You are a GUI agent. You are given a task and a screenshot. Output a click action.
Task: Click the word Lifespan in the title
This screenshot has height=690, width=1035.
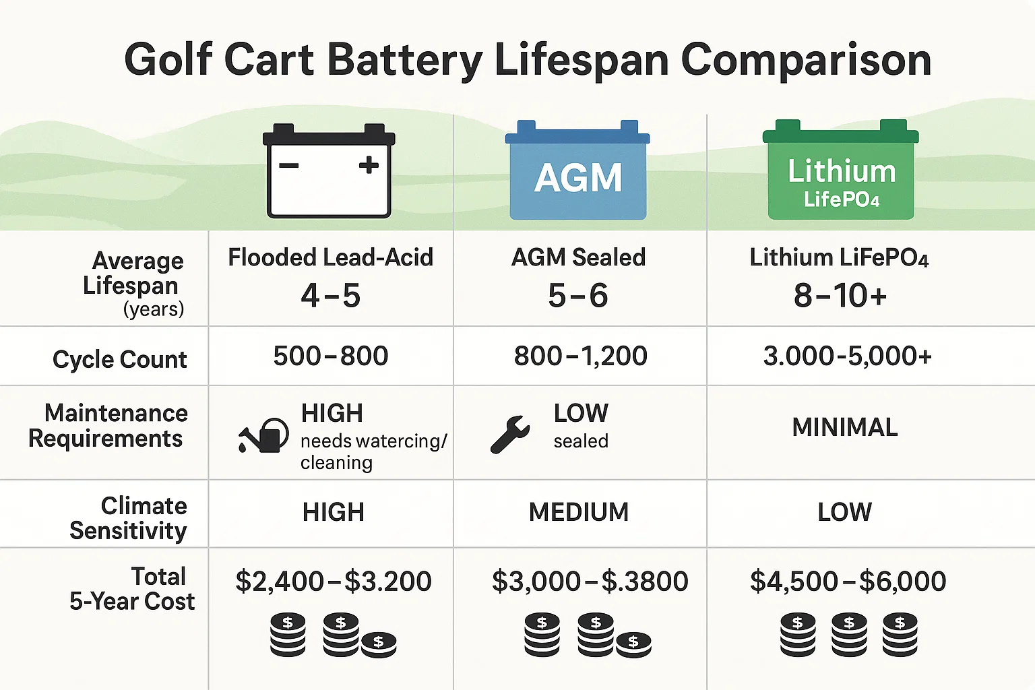tap(582, 61)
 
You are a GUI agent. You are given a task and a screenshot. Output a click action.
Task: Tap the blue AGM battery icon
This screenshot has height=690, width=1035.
tap(577, 172)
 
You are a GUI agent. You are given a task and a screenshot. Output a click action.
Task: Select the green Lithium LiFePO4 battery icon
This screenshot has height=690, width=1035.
tap(841, 171)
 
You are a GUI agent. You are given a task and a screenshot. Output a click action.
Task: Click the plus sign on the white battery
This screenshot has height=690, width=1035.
tap(369, 165)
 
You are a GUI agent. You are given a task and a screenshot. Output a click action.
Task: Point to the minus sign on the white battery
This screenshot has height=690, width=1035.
tap(289, 165)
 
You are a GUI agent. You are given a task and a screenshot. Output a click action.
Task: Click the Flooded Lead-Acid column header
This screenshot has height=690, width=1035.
tap(330, 257)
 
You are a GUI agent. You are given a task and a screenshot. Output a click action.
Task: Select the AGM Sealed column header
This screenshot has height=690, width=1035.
tap(578, 257)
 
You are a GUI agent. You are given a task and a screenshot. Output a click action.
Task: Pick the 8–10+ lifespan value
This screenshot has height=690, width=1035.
tap(840, 296)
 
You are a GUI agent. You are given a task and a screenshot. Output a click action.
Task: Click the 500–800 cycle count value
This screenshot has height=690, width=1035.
tap(330, 356)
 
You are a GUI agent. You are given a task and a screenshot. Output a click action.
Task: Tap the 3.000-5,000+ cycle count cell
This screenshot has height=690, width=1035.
tap(847, 356)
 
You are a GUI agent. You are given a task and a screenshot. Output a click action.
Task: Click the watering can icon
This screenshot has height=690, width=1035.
tap(263, 435)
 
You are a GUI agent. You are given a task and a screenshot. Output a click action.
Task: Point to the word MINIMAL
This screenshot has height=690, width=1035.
tap(845, 427)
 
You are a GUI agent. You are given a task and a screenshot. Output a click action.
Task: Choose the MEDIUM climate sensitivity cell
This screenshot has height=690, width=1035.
tap(578, 512)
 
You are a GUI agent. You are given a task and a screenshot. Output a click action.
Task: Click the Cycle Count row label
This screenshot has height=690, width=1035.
tap(119, 359)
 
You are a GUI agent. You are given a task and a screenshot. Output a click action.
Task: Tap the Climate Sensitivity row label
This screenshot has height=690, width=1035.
tap(128, 518)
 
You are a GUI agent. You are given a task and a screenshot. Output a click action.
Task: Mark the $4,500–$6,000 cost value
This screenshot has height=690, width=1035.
tap(848, 581)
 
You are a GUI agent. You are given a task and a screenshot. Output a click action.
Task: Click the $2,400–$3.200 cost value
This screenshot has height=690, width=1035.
tap(333, 581)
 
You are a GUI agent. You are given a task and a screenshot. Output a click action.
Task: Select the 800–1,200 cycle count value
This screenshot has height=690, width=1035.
tap(580, 356)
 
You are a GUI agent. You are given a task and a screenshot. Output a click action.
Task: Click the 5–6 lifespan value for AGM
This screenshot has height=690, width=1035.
tap(577, 296)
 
